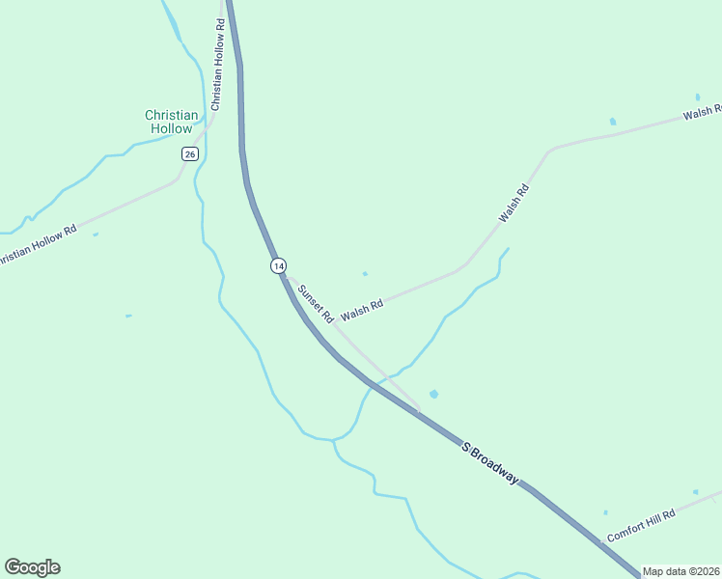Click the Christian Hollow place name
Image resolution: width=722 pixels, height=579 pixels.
(x=172, y=122)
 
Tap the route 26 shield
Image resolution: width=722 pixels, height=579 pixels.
(x=190, y=153)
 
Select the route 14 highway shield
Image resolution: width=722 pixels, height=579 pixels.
(x=278, y=265)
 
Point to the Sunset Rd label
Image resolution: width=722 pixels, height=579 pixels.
(x=316, y=303)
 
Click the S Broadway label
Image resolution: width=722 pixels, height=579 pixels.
(x=490, y=463)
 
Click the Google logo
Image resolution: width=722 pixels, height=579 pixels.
(x=32, y=567)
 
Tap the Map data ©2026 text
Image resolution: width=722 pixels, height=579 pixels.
(x=681, y=571)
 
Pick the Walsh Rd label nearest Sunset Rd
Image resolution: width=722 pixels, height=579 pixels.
(x=362, y=308)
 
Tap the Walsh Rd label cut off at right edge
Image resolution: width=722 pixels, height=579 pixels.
(x=702, y=112)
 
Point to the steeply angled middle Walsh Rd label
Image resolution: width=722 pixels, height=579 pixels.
(x=514, y=204)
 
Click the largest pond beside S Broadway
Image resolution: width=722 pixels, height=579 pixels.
(x=433, y=394)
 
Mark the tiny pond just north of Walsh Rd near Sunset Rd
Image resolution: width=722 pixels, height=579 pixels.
(x=364, y=274)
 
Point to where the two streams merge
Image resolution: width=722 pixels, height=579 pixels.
(x=334, y=440)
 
